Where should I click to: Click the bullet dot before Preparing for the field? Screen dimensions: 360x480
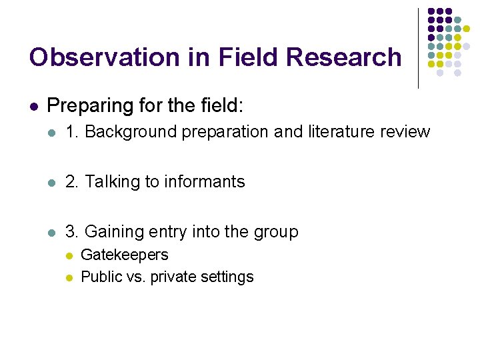[x=34, y=106]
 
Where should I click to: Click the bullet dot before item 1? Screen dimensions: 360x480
[x=53, y=132]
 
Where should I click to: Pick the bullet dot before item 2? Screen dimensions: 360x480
[x=53, y=182]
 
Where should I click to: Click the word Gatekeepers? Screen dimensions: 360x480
[x=124, y=255]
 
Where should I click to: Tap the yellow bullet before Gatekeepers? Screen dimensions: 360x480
[x=68, y=255]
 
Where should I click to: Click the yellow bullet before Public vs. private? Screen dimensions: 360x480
[x=68, y=277]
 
